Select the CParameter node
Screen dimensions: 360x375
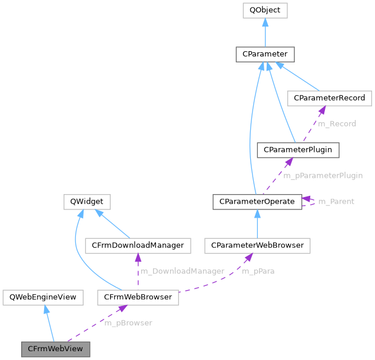point(265,54)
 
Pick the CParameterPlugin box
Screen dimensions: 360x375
point(298,150)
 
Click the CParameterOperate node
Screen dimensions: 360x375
point(257,202)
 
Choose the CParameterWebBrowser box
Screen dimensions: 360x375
point(257,245)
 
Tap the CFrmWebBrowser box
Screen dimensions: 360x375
point(138,297)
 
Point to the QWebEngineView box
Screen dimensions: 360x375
point(40,297)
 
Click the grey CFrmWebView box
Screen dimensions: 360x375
point(56,349)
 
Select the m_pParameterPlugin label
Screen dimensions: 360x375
point(323,175)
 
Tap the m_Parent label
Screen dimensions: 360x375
point(336,202)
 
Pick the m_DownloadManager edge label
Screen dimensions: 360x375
point(182,271)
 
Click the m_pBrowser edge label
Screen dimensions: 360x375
point(128,323)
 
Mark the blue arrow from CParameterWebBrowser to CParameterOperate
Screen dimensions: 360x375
point(257,224)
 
